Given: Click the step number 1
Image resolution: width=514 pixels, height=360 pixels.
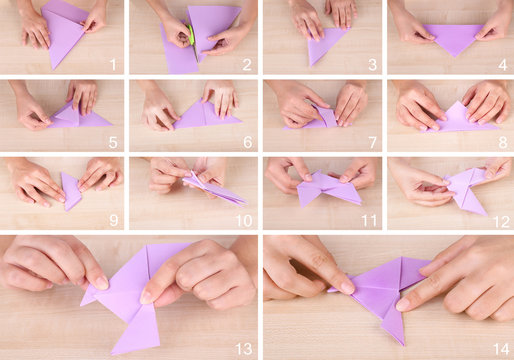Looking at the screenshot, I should pyautogui.click(x=113, y=65).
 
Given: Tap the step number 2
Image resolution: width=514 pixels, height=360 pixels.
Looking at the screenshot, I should pyautogui.click(x=246, y=65).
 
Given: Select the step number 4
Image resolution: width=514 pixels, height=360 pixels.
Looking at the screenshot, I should pyautogui.click(x=502, y=65).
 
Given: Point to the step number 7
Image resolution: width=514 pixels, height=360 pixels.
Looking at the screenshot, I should pyautogui.click(x=374, y=142).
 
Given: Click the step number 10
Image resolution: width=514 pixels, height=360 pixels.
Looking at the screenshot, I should pyautogui.click(x=243, y=219).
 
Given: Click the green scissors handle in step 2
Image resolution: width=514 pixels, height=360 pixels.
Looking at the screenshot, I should pyautogui.click(x=189, y=36).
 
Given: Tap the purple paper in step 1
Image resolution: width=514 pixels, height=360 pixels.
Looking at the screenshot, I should pyautogui.click(x=64, y=35).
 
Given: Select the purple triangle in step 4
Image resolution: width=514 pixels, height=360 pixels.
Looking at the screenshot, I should pyautogui.click(x=453, y=38).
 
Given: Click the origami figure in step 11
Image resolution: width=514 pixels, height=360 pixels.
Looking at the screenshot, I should pyautogui.click(x=328, y=188).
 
